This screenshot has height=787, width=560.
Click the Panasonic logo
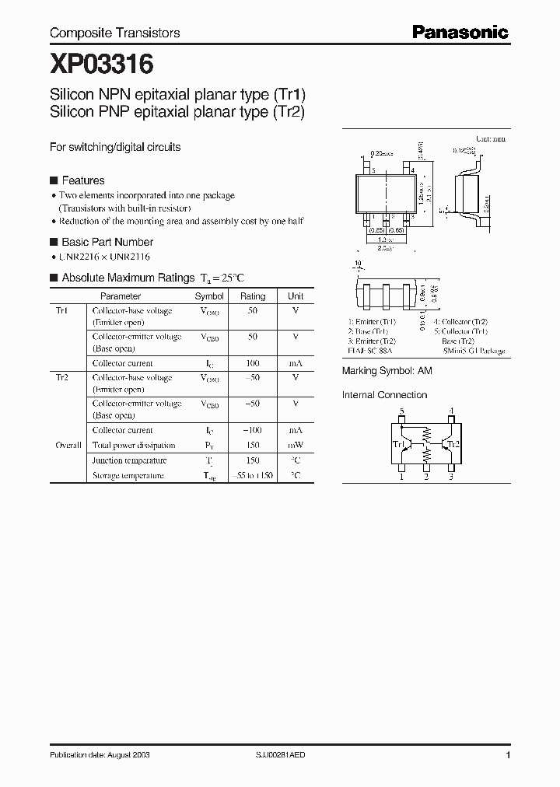click(460, 32)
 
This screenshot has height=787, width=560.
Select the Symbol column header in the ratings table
click(209, 296)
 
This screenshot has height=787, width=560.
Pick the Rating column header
click(253, 296)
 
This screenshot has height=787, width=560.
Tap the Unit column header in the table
click(296, 296)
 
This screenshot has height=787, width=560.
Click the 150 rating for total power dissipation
click(253, 446)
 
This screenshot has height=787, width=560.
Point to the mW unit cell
click(296, 446)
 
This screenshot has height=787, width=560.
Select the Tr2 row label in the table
click(61, 377)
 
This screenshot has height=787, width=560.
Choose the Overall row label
click(68, 446)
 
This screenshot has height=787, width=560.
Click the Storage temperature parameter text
click(128, 475)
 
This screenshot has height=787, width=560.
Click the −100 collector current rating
click(252, 430)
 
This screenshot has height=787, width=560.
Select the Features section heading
click(82, 180)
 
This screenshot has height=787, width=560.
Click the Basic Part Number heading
click(107, 242)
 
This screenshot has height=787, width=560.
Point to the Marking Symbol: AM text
click(387, 372)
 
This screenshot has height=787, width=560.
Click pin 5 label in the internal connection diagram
click(401, 411)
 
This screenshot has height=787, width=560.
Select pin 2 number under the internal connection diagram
click(426, 477)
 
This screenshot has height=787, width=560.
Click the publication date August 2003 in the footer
click(100, 755)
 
